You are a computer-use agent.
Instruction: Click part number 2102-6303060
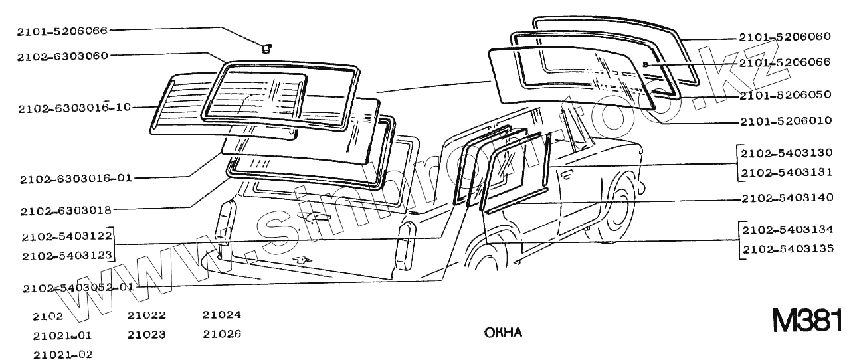point(62,56)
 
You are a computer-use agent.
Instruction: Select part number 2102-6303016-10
point(74,107)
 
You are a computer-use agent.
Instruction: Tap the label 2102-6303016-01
point(76,179)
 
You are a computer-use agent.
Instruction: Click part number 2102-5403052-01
point(78,288)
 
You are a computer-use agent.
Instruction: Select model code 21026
point(222,334)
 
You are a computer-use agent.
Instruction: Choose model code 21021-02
point(62,354)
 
